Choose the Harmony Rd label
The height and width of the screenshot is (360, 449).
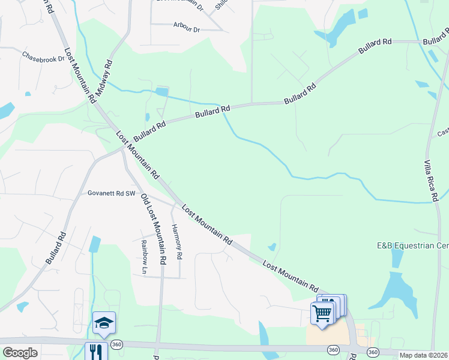[176, 242]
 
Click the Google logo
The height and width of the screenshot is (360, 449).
[20, 352]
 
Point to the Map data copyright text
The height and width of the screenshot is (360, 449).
[424, 355]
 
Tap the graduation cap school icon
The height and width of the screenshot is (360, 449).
[104, 323]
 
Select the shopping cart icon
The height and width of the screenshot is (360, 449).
[322, 313]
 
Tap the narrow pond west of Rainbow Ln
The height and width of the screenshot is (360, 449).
[94, 244]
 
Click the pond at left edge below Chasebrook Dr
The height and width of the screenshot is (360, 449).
[6, 110]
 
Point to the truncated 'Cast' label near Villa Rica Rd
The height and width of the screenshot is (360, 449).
[443, 133]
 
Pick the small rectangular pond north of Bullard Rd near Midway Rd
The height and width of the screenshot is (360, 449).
[161, 92]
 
